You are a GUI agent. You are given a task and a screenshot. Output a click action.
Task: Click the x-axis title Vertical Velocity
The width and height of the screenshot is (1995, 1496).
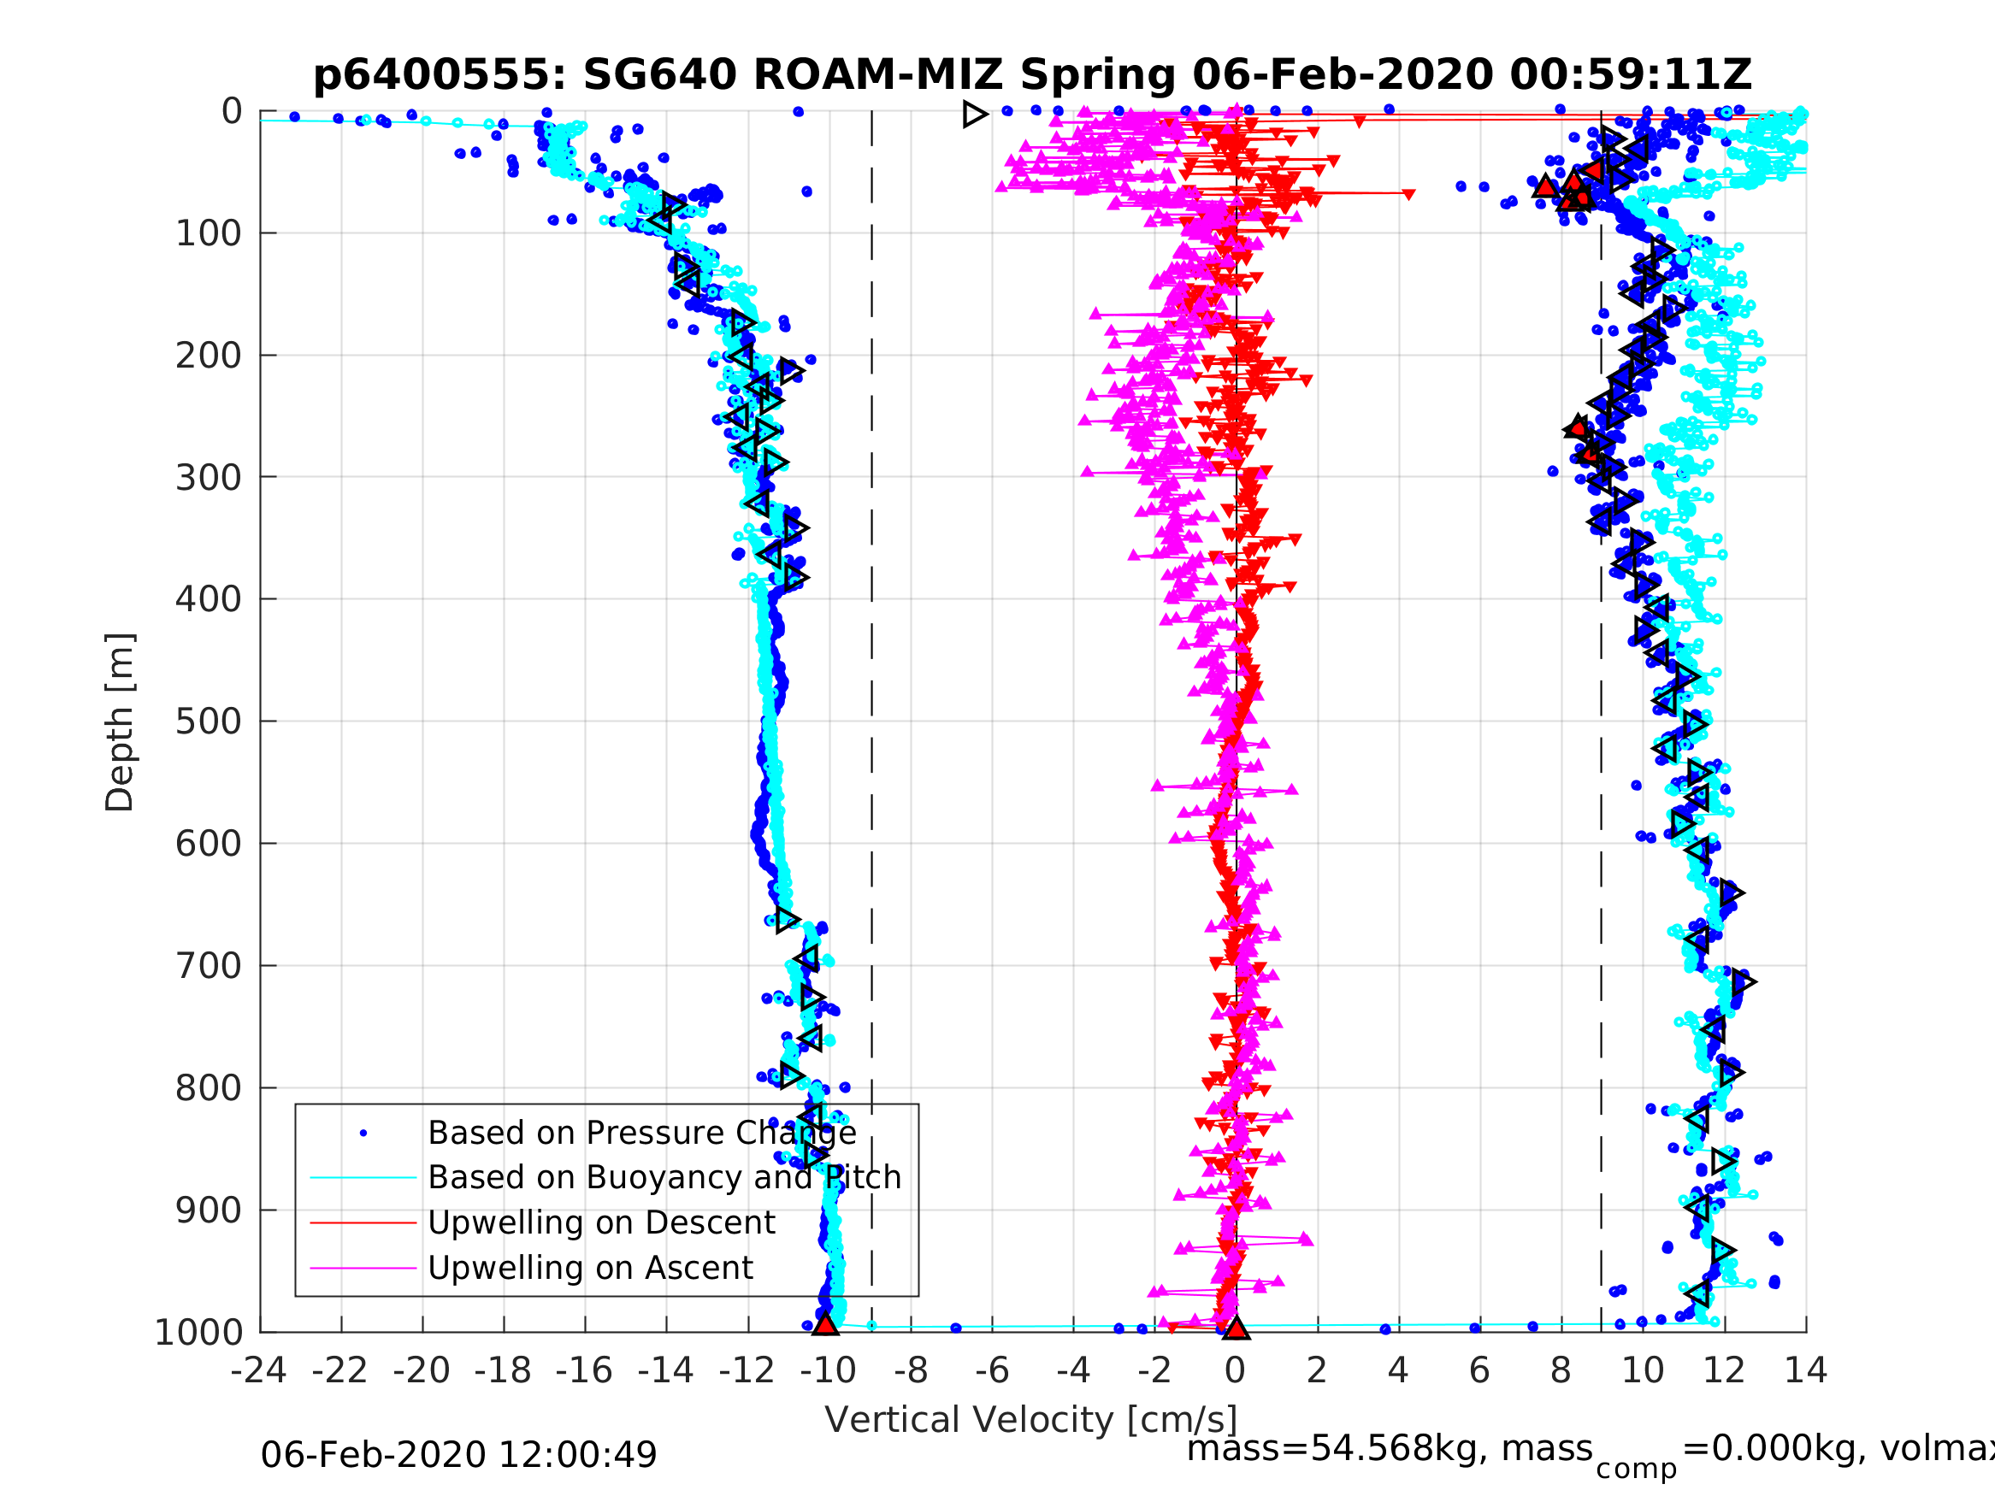click(1031, 1419)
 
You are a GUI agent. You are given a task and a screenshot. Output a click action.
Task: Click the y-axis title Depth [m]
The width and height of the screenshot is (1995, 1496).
click(120, 721)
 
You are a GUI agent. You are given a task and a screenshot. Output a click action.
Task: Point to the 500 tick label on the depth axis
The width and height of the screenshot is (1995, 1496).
click(209, 721)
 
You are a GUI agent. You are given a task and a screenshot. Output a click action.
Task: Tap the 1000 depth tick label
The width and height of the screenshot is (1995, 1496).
click(198, 1332)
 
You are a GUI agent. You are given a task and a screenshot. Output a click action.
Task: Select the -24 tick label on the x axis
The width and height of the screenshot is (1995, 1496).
click(259, 1370)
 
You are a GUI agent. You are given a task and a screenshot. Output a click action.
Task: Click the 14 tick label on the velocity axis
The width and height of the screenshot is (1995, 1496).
click(1806, 1370)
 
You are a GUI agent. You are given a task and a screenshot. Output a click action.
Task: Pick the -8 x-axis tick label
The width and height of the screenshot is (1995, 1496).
click(910, 1370)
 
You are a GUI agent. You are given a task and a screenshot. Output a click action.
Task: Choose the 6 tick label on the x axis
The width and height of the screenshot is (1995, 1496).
click(1479, 1370)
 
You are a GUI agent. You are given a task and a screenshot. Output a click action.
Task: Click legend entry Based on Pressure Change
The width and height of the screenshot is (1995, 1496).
click(641, 1133)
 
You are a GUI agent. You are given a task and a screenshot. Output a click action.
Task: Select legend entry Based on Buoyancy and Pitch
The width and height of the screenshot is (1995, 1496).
click(664, 1178)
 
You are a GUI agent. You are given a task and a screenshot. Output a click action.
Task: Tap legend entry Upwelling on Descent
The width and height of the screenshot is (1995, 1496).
click(600, 1222)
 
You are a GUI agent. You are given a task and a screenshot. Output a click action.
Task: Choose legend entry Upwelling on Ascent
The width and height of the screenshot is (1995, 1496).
click(590, 1268)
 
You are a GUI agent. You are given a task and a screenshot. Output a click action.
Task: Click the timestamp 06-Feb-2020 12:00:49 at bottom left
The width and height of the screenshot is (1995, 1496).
click(458, 1454)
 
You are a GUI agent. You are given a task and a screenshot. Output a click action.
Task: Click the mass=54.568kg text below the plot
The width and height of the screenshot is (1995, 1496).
click(1389, 1448)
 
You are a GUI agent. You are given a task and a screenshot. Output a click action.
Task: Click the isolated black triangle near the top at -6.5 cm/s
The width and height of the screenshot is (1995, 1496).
click(974, 115)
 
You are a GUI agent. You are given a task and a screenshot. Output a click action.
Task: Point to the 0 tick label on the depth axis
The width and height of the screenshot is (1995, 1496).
click(232, 111)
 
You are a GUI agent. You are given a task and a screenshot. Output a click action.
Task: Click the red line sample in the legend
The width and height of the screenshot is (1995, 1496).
click(363, 1222)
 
